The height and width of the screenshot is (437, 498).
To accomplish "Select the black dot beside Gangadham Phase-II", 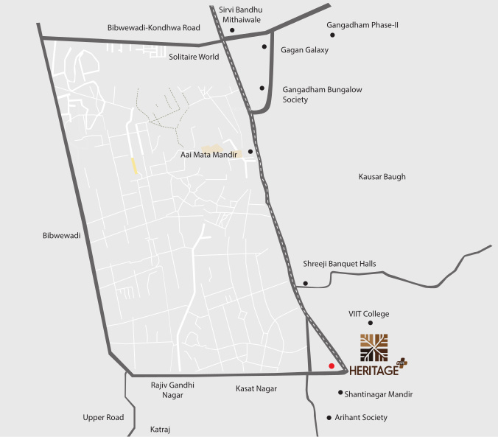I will [x=332, y=35].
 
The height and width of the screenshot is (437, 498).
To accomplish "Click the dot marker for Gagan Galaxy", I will [x=264, y=46].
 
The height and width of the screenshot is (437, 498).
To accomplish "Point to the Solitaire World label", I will [x=194, y=56].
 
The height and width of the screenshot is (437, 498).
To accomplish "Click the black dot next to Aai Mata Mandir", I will [x=250, y=152].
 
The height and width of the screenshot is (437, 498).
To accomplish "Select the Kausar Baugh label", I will [x=382, y=177].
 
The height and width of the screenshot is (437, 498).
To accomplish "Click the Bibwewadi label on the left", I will [x=61, y=236].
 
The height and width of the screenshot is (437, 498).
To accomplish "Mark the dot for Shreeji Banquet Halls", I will [x=305, y=283].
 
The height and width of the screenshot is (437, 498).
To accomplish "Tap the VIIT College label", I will [x=368, y=314].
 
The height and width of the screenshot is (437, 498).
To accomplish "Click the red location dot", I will [x=332, y=366].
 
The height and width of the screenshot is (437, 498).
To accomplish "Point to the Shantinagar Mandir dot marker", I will [x=340, y=393].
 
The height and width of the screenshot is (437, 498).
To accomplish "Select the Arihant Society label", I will [x=362, y=417].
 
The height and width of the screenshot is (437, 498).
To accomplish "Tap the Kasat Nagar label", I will [x=256, y=388].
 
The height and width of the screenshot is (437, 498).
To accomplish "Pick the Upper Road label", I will [x=103, y=417].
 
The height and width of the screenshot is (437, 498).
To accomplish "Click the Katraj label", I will [x=160, y=428].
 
